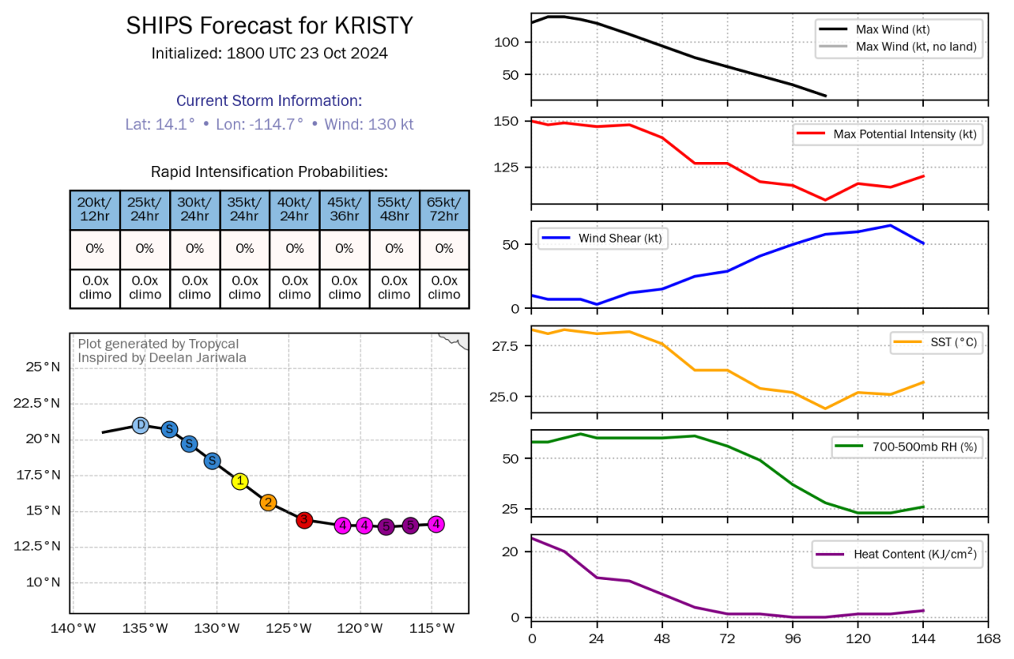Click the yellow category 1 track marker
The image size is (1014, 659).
pos(240,481)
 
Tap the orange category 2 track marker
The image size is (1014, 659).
pos(268,503)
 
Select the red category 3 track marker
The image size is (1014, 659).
pos(304,520)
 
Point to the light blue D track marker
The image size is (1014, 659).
pos(140,425)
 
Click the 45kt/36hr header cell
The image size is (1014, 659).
pos(345,210)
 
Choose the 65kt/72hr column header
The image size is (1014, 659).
pos(444,210)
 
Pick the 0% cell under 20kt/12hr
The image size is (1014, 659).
pos(95,249)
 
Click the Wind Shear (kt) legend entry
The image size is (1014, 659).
pos(602,238)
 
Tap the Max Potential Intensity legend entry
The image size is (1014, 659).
pos(888,134)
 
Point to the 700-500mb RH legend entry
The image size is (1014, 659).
pos(907,447)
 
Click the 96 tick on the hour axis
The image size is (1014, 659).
pos(792,639)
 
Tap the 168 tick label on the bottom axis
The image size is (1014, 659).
pos(988,639)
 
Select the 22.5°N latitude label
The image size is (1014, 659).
pos(37,403)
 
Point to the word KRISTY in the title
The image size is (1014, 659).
pos(373,26)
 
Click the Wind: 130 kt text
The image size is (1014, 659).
pos(369,124)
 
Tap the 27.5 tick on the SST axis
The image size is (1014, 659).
pos(505,346)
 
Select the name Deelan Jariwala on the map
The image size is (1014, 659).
pos(197,357)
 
